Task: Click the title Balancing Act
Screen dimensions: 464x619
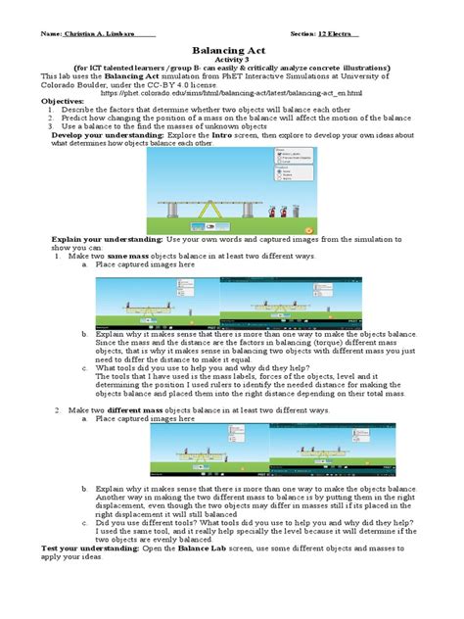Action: click(x=232, y=48)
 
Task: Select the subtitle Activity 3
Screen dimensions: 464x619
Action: click(x=232, y=59)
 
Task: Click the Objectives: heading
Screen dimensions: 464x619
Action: click(x=64, y=100)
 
